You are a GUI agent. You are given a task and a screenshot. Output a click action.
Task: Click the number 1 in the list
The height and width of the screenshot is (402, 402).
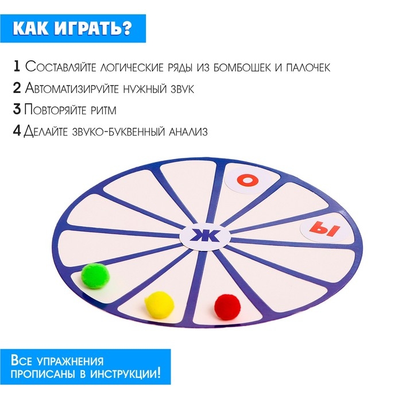[16, 66]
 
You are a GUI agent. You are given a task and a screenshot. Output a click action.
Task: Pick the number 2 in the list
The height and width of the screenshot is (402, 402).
[17, 88]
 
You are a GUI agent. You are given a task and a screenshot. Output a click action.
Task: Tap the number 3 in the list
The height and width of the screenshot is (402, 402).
[17, 110]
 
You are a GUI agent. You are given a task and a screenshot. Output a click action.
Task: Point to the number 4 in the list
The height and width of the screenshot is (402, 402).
[17, 132]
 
